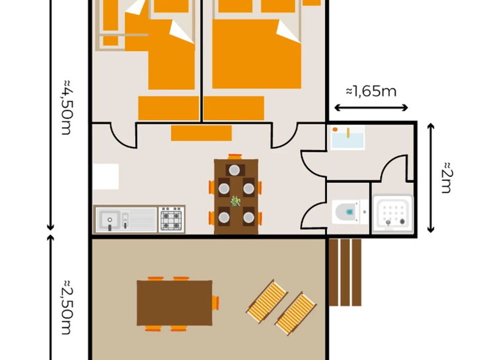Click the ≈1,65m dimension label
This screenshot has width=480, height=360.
pyautogui.click(x=371, y=91)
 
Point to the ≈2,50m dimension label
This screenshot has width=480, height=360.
pyautogui.click(x=66, y=307)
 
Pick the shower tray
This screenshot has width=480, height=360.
pyautogui.click(x=393, y=213)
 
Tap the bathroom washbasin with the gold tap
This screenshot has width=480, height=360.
pyautogui.click(x=348, y=138)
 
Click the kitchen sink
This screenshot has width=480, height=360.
pyautogui.click(x=126, y=219)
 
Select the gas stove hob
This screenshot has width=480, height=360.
pyautogui.click(x=171, y=218)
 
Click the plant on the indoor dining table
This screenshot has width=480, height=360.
pyautogui.click(x=235, y=201)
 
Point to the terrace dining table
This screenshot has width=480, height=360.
pyautogui.click(x=174, y=303)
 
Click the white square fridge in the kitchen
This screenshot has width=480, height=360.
pyautogui.click(x=106, y=176)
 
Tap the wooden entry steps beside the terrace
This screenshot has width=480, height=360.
pyautogui.click(x=345, y=272)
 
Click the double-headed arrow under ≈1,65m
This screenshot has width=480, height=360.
pyautogui.click(x=370, y=108)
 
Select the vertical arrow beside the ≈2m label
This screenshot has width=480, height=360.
pyautogui.click(x=430, y=178)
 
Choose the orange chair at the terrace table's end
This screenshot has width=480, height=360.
pyautogui.click(x=216, y=303)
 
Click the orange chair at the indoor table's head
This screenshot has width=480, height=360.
pyautogui.click(x=235, y=156)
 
